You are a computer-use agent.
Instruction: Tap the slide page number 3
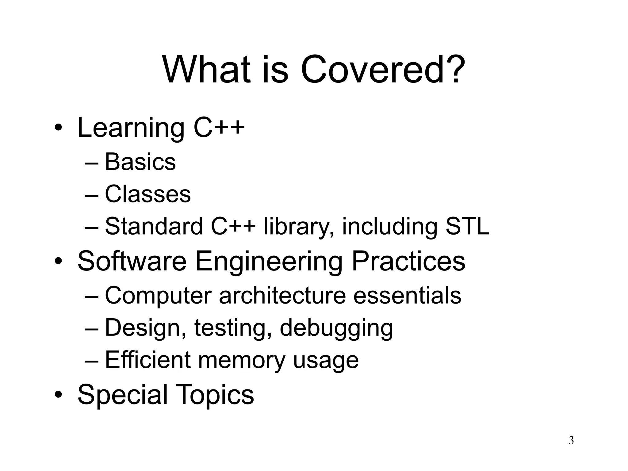571,440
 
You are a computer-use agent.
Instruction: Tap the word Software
132,261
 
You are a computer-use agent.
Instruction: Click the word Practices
408,261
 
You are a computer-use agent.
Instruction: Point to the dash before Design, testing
91,328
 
